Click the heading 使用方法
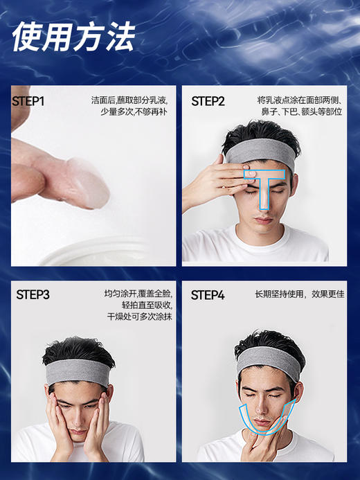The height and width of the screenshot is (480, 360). [x=73, y=35]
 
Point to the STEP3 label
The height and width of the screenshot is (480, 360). [x=33, y=295]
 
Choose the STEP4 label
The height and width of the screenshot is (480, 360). [x=208, y=295]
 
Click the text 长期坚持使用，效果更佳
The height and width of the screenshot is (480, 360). [x=299, y=294]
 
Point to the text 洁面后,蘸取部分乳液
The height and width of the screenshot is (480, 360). [x=132, y=100]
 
